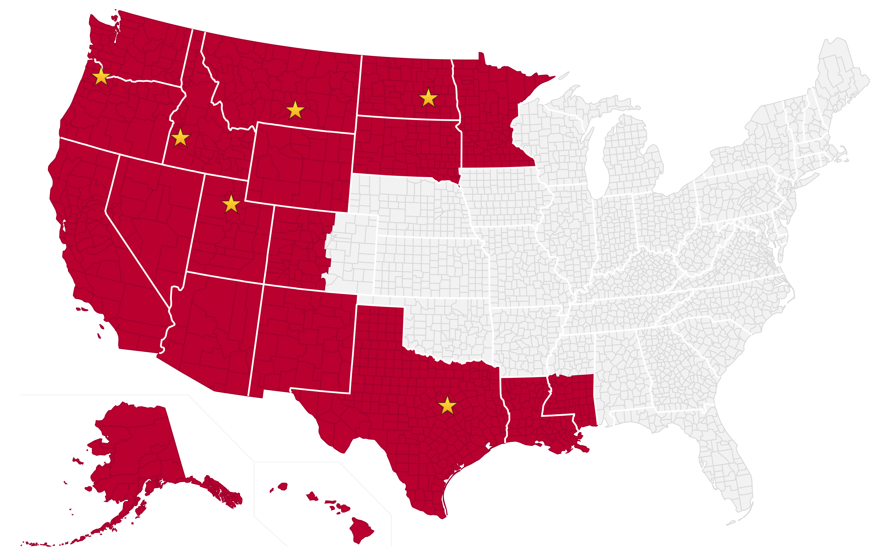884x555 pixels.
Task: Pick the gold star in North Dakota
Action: [x=428, y=98]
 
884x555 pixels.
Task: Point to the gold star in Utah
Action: [x=231, y=204]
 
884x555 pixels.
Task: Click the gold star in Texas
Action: [x=447, y=406]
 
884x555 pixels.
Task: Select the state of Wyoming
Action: [x=301, y=165]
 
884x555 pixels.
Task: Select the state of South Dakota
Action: [x=407, y=147]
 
